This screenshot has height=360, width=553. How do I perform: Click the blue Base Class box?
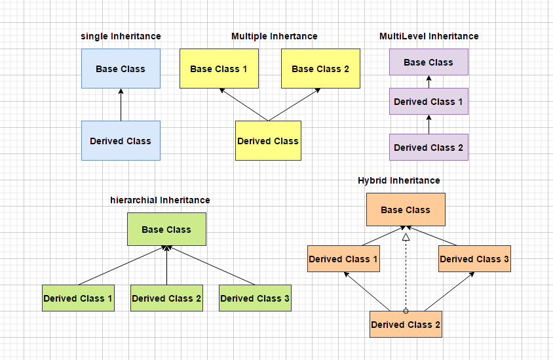coord(121,69)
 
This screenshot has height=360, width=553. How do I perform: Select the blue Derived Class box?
coord(121,141)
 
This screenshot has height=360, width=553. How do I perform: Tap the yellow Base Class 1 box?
coord(219,69)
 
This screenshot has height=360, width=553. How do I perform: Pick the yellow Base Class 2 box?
coord(320,69)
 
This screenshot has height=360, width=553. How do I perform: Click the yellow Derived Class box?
coord(268,141)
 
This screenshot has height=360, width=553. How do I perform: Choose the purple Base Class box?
coord(429,62)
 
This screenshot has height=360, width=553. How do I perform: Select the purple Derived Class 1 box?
coord(429,102)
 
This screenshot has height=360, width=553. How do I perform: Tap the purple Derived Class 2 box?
coord(429,148)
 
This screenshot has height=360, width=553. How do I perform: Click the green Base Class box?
coord(166,230)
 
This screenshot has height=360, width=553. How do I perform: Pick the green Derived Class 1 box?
coord(78,298)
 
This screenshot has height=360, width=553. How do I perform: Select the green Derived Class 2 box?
coord(166,298)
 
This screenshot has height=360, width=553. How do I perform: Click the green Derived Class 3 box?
coord(255,298)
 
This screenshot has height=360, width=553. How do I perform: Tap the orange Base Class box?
coord(406,210)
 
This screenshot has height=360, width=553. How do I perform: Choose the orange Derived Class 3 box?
coord(474,259)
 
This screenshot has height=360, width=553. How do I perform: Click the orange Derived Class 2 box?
coord(406,325)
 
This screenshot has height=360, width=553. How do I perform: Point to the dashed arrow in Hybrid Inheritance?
coord(406,275)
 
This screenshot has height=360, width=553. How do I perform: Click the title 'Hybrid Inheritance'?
coord(398,180)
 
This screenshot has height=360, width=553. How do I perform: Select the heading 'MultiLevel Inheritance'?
coord(429,36)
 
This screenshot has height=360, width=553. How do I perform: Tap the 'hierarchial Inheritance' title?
coord(160,200)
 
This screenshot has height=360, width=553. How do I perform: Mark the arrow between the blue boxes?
coord(121,105)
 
